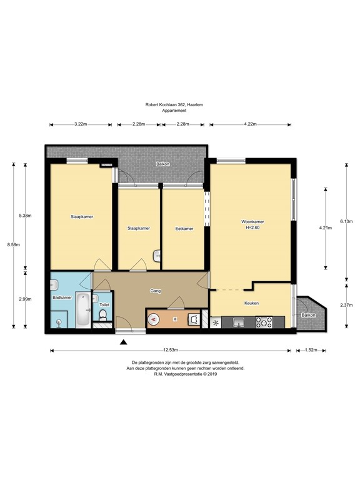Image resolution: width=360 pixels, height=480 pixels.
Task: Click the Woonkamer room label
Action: point(252,222)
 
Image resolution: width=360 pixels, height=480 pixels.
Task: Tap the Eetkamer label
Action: point(184,229)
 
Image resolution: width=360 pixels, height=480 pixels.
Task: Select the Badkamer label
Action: point(62,297)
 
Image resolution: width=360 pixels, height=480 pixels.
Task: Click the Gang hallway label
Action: point(156,291)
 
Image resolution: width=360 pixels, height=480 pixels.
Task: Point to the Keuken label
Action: point(251,303)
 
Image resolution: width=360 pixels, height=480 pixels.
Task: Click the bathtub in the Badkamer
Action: point(83,310)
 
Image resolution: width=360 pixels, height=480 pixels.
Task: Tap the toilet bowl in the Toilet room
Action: point(103,315)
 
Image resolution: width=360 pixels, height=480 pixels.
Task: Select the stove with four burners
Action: point(264,322)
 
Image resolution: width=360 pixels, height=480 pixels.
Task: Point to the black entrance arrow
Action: point(123,342)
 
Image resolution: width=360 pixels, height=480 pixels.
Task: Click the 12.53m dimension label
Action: point(171,351)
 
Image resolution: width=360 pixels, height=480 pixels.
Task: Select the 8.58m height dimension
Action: point(14,244)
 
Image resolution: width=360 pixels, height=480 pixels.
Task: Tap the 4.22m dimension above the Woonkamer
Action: point(251,124)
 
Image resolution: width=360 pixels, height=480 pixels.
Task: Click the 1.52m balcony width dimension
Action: point(311,350)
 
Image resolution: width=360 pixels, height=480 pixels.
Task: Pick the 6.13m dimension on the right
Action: point(346,222)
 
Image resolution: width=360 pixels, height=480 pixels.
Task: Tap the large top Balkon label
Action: point(163,164)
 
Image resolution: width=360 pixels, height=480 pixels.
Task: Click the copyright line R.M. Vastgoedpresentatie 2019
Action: point(186,374)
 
